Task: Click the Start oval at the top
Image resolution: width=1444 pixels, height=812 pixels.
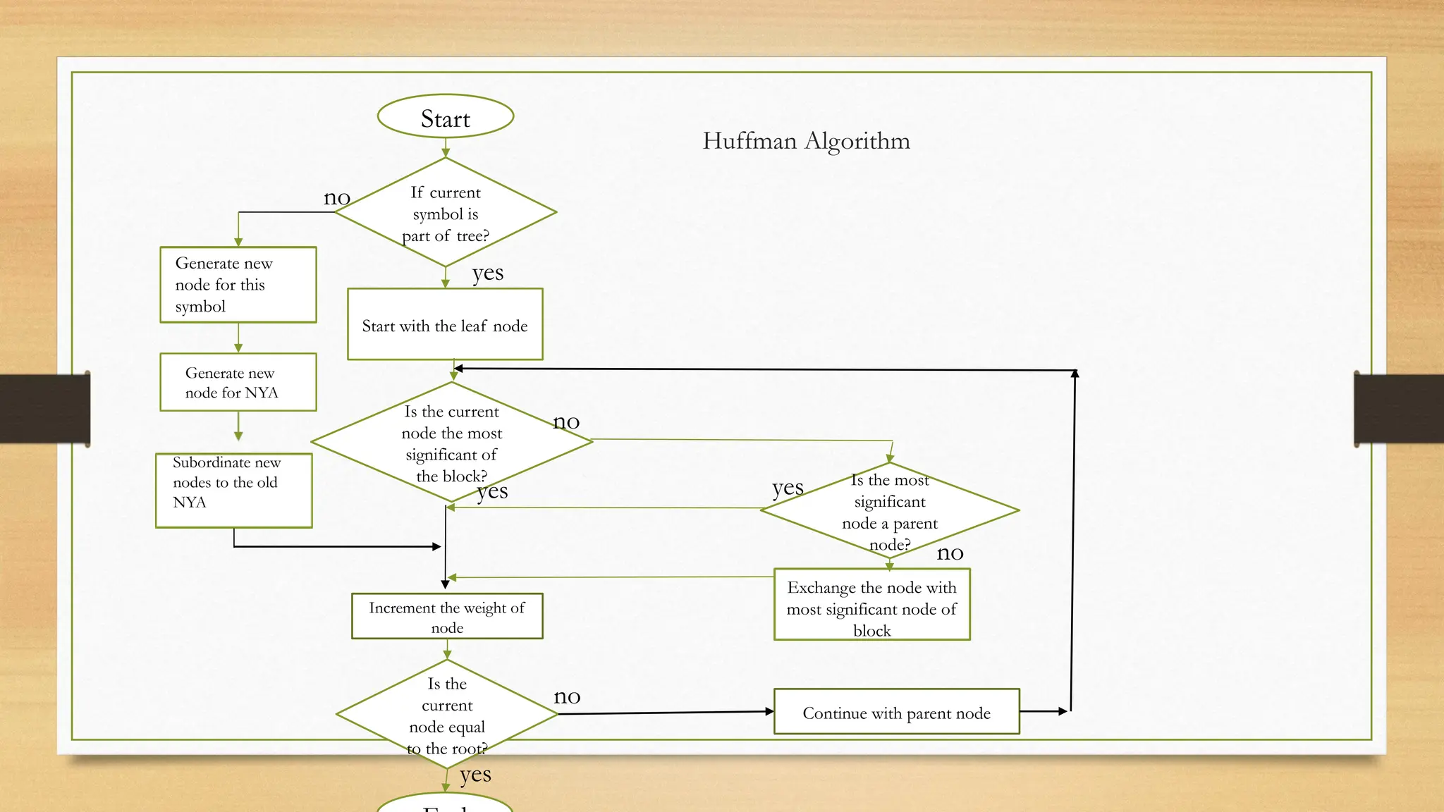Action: tap(446, 117)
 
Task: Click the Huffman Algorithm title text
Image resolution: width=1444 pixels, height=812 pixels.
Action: tap(806, 141)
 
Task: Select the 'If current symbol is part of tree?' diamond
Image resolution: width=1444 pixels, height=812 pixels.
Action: tap(446, 213)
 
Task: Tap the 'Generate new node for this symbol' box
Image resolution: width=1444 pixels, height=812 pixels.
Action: tap(238, 285)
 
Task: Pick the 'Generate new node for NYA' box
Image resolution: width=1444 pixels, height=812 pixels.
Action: tap(238, 382)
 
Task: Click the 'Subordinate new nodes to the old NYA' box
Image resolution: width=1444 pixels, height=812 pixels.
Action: tap(234, 490)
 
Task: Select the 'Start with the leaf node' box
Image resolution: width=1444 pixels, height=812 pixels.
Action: tap(445, 325)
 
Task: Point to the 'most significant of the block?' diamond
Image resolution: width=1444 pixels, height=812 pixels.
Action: tap(451, 443)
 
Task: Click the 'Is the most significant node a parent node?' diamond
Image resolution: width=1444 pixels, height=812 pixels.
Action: tap(890, 511)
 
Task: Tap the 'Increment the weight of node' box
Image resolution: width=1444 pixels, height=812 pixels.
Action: tap(447, 617)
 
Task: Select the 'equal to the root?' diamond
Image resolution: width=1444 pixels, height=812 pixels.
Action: tap(447, 715)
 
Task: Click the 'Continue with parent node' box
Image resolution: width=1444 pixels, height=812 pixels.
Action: tap(896, 712)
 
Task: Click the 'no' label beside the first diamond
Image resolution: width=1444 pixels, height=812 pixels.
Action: tap(337, 198)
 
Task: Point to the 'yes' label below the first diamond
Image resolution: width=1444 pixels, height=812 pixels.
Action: tap(488, 273)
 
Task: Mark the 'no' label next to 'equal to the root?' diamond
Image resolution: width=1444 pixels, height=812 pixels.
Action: tap(567, 697)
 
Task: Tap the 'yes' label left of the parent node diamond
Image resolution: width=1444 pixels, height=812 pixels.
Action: tap(788, 488)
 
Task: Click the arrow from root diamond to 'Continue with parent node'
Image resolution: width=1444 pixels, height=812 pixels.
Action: tap(666, 713)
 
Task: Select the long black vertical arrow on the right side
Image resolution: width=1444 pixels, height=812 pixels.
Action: tap(1073, 543)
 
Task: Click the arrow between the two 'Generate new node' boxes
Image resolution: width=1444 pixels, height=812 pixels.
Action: tap(238, 338)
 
